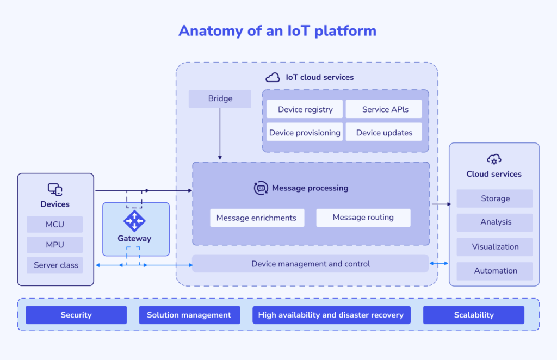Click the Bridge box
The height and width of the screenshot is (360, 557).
[x=220, y=99]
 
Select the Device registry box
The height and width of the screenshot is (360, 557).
[x=305, y=109]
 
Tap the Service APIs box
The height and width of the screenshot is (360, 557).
[x=385, y=109]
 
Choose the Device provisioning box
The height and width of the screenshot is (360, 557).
[x=305, y=133]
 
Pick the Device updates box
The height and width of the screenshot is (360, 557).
[x=384, y=133]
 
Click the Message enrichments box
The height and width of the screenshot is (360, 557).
[x=257, y=218]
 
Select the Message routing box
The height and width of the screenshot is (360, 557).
[x=363, y=218]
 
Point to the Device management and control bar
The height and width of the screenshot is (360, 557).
[x=310, y=264]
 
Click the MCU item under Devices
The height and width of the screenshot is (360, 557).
[x=54, y=225]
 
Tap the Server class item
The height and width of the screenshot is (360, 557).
[x=55, y=265]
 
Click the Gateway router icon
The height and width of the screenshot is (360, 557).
[x=134, y=221]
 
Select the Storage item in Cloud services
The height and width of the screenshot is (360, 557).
[x=494, y=198]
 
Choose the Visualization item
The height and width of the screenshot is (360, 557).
[x=494, y=247]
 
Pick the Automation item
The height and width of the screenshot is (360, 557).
[x=494, y=271]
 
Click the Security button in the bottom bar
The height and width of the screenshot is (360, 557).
[x=76, y=315]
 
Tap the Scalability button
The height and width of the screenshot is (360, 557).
[x=473, y=315]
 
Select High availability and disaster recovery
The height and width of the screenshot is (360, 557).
[x=331, y=315]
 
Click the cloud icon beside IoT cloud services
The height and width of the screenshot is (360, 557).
[x=273, y=77]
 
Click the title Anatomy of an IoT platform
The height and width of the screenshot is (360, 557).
[x=277, y=30]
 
